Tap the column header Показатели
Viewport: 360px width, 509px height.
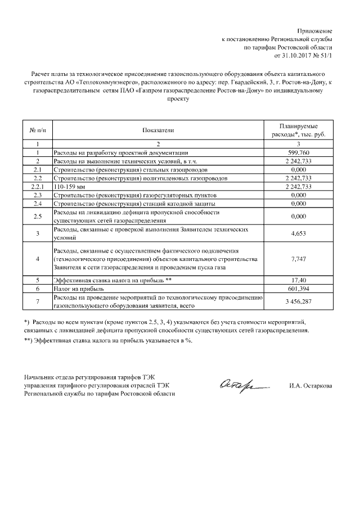coord(158,130)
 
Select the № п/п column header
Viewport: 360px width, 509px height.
coord(37,130)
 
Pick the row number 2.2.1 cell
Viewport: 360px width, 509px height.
coord(37,186)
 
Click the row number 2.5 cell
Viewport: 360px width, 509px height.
coord(37,216)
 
